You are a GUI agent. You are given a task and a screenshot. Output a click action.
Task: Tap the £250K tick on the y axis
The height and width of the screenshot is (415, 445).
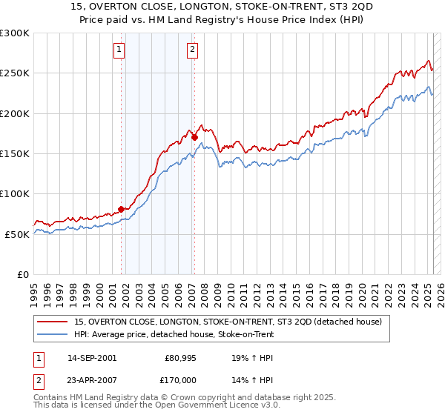(x=14, y=73)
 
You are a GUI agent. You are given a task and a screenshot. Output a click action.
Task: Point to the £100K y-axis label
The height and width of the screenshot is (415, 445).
(x=14, y=193)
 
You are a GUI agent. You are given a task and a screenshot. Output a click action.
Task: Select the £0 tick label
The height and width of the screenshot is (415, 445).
(x=22, y=274)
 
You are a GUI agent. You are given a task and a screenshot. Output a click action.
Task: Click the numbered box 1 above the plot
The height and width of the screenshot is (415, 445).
(x=119, y=50)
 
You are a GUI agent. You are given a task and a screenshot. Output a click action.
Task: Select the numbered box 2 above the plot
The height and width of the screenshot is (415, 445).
(x=192, y=50)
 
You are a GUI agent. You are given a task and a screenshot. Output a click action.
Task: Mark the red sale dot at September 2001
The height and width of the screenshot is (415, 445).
(x=121, y=209)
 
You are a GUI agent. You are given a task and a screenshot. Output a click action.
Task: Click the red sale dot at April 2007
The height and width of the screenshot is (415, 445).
(x=194, y=137)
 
